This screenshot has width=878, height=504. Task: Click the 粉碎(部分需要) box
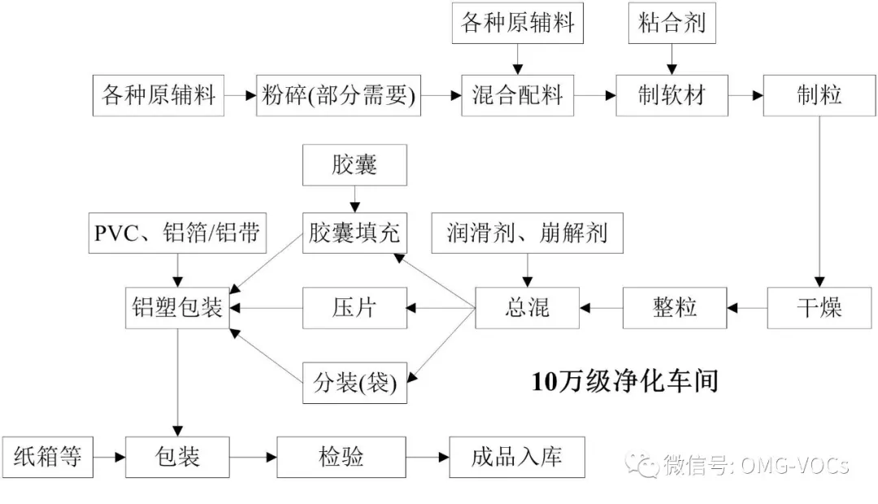(338, 96)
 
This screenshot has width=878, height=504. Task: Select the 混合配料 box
(517, 96)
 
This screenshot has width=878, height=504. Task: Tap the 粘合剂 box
(672, 23)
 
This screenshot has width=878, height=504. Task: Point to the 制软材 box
(672, 96)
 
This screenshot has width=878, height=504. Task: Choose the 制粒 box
(819, 96)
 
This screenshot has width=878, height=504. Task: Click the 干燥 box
(819, 308)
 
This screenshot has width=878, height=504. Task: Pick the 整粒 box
(675, 308)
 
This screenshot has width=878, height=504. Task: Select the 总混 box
(527, 308)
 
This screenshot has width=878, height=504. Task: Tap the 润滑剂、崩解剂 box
(527, 233)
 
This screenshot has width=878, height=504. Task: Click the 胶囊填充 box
(354, 233)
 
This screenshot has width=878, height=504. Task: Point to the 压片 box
(354, 308)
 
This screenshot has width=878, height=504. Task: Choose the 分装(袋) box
(354, 383)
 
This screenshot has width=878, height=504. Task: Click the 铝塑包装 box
(177, 308)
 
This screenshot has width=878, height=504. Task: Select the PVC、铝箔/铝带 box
(177, 233)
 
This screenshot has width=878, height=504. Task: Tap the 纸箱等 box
(48, 458)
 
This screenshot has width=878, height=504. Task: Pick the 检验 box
(341, 458)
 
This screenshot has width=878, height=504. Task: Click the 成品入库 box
(517, 458)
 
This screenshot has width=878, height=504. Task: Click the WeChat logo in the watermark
(641, 464)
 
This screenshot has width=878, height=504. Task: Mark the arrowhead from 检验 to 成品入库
(444, 458)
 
